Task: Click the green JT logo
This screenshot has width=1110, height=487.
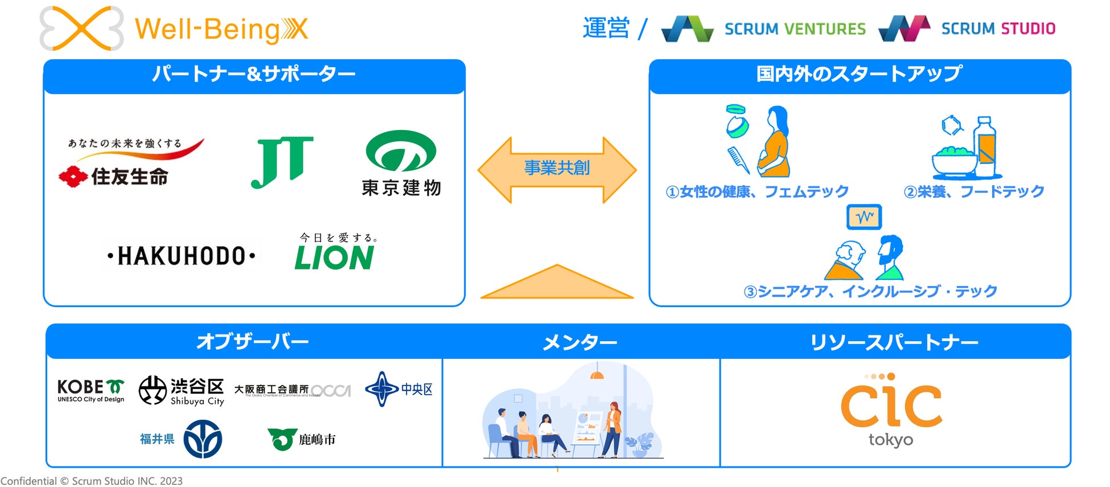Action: [282, 162]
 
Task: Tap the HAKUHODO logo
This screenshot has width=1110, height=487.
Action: [181, 256]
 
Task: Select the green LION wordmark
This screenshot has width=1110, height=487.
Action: [334, 258]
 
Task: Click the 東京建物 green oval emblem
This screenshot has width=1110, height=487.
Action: [401, 151]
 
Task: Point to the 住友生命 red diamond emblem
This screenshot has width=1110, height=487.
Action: [73, 177]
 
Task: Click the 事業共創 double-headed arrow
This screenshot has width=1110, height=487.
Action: [557, 169]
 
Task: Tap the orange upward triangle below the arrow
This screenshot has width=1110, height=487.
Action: [557, 283]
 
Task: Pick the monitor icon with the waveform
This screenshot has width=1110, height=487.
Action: [864, 217]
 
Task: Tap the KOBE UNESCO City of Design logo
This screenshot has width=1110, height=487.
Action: [91, 390]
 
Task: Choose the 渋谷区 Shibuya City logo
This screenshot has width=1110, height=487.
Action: [182, 391]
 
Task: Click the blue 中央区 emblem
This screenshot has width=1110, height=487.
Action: [382, 389]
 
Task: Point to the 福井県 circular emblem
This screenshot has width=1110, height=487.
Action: [203, 439]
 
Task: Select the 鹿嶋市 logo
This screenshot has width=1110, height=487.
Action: [302, 439]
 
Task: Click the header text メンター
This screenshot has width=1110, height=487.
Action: [579, 342]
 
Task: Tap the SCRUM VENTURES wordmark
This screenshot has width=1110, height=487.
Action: [795, 28]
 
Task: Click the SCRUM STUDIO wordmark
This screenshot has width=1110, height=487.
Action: [998, 28]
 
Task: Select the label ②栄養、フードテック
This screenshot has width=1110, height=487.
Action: [973, 191]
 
